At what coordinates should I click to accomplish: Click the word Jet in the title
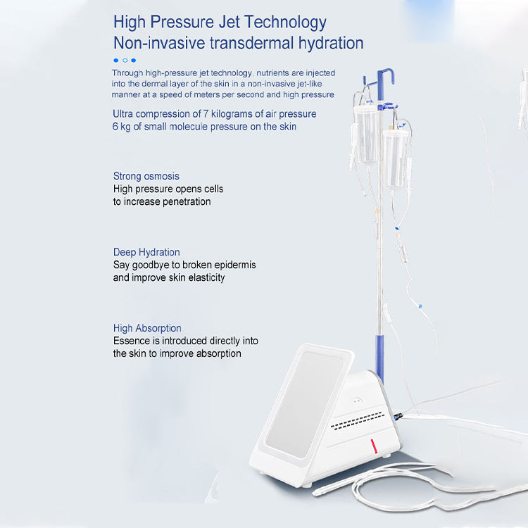(x=229, y=22)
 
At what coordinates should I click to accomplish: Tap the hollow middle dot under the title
(x=125, y=61)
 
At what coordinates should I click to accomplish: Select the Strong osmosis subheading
(x=146, y=176)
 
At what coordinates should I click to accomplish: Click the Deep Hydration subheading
(x=146, y=252)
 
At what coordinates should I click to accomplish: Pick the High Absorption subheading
(x=147, y=328)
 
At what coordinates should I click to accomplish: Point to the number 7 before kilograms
(x=206, y=114)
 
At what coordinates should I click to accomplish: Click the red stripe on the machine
(x=374, y=446)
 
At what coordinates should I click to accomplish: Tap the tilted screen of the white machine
(x=304, y=404)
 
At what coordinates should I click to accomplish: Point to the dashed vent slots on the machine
(x=358, y=421)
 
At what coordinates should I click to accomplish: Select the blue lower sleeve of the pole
(x=379, y=358)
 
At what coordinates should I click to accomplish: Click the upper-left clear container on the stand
(x=367, y=134)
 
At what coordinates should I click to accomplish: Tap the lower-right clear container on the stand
(x=395, y=159)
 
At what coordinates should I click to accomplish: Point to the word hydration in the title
(x=331, y=43)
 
